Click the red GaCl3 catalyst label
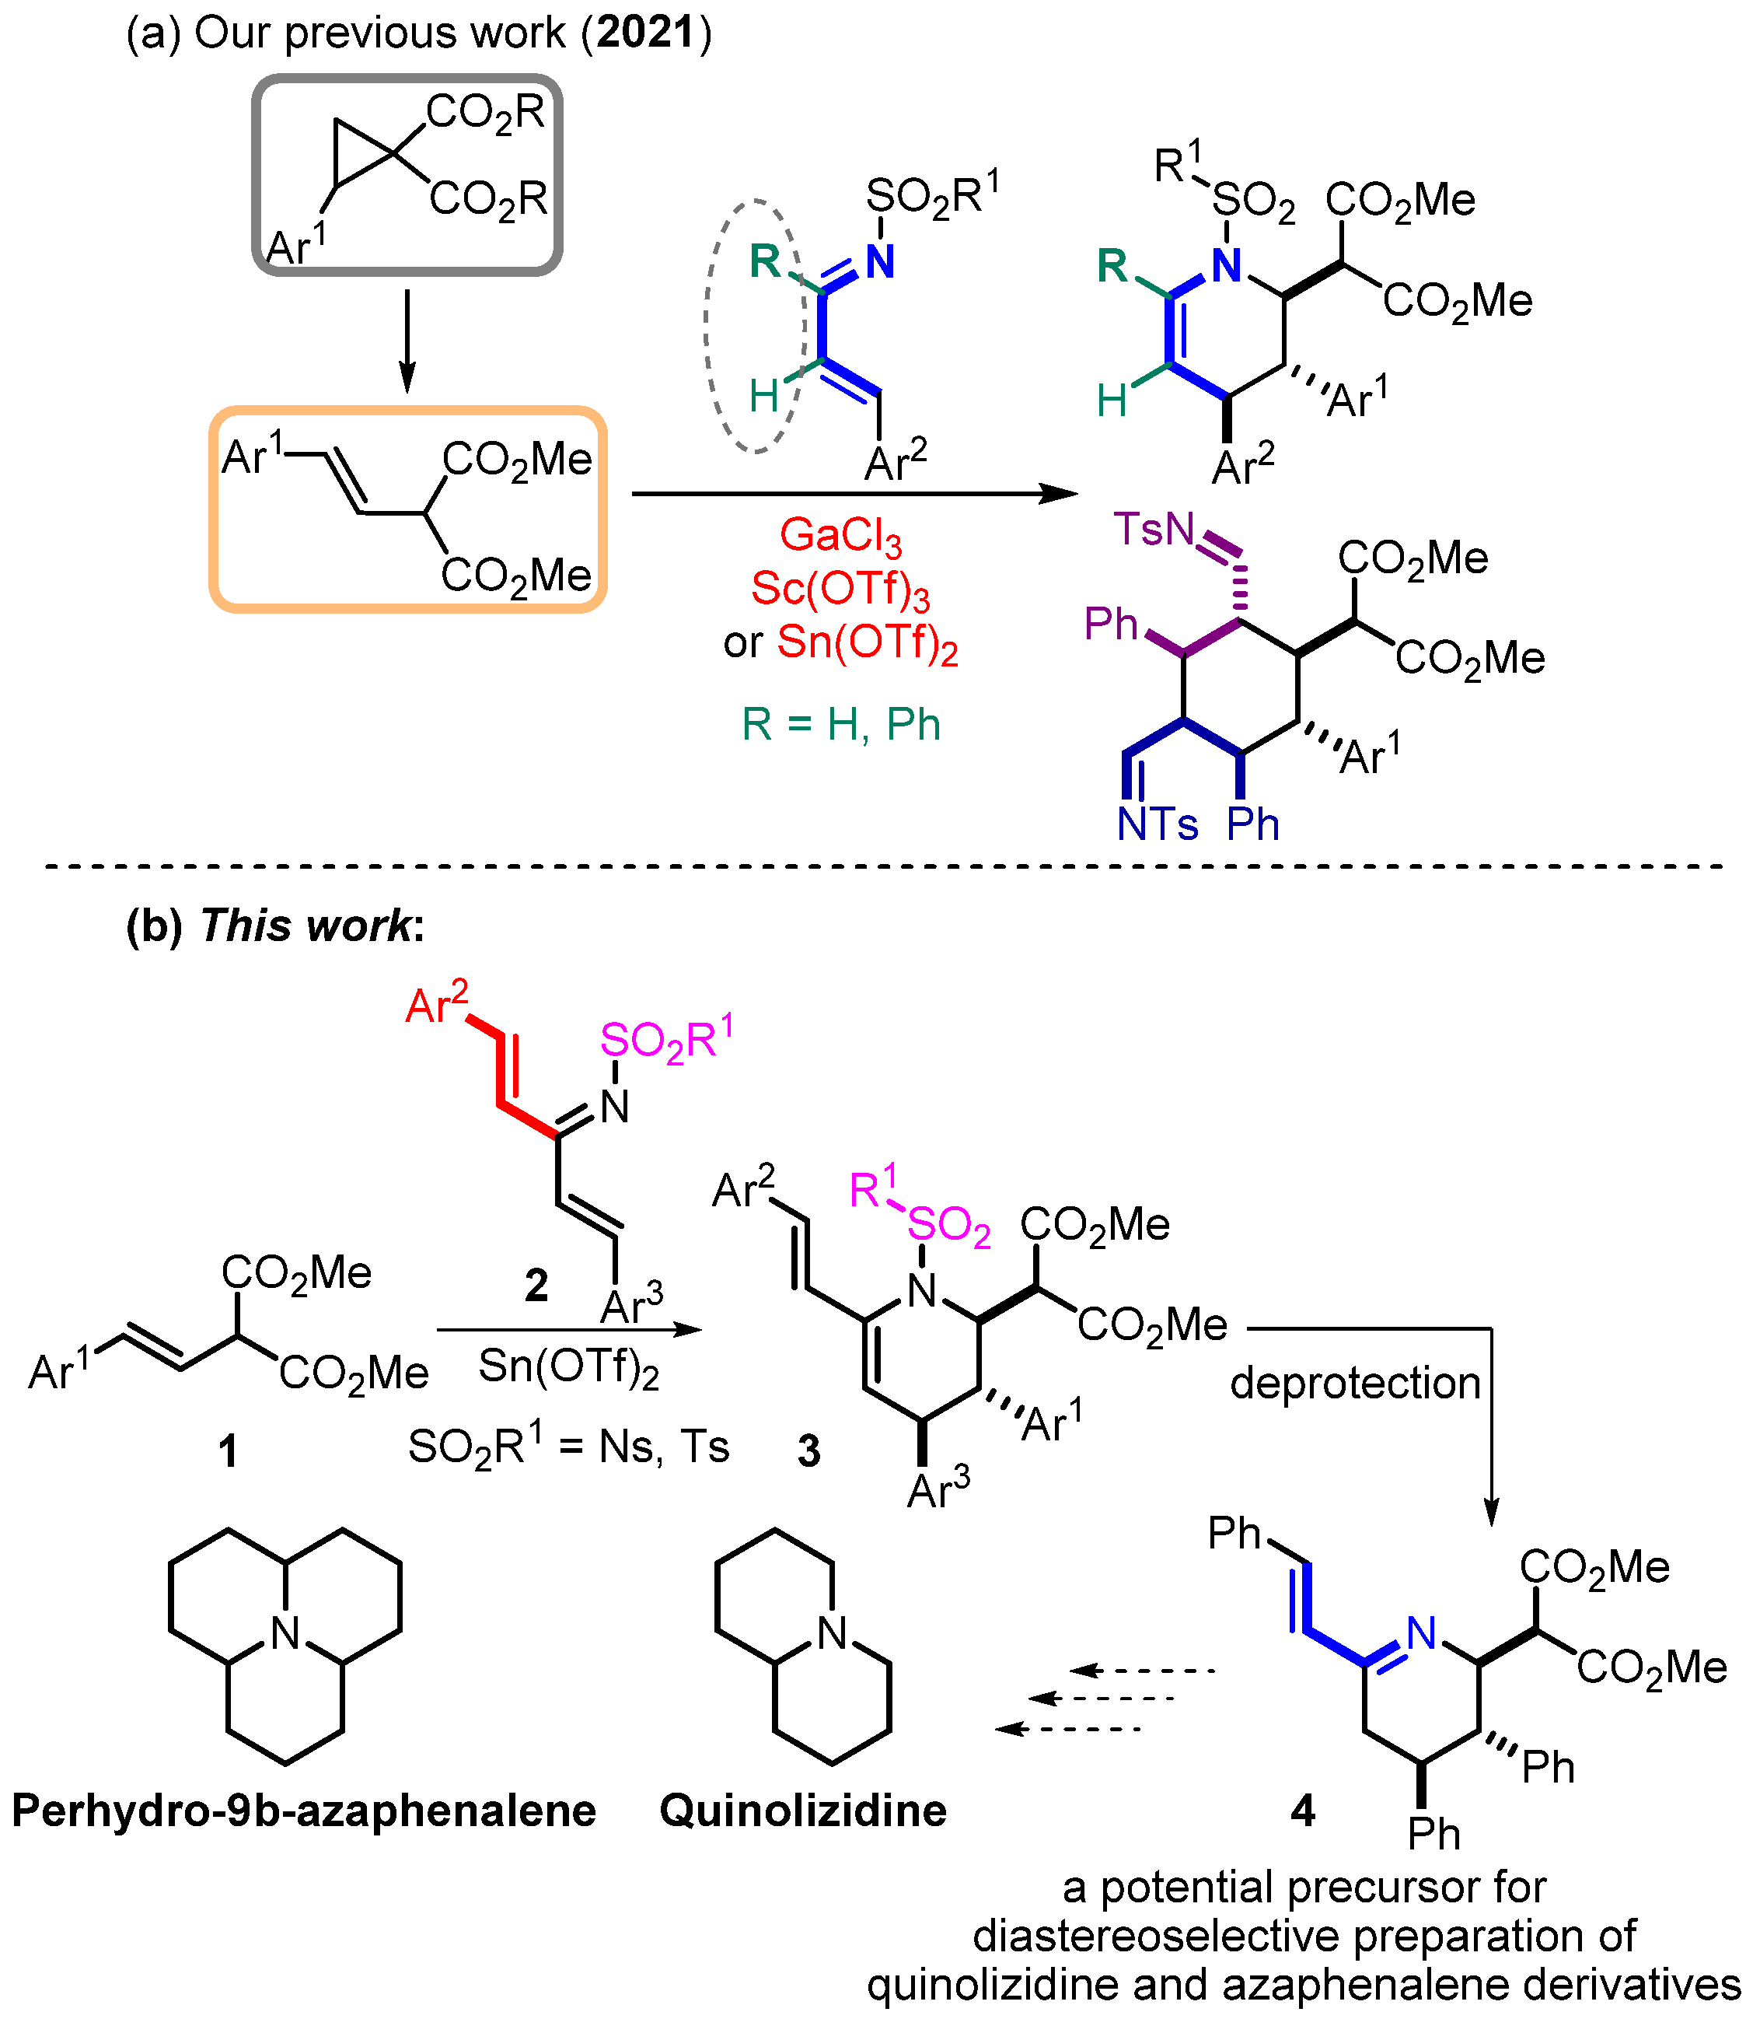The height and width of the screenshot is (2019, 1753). click(x=840, y=537)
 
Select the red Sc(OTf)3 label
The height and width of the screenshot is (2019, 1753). click(x=840, y=590)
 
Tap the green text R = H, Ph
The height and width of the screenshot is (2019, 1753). click(x=840, y=725)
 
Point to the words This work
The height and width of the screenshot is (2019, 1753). click(x=306, y=925)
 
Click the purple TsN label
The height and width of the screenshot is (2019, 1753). click(x=1154, y=530)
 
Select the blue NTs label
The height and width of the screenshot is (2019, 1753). click(x=1158, y=824)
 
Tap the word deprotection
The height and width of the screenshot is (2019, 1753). click(x=1355, y=1383)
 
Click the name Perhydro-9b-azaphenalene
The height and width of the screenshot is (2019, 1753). click(x=303, y=1811)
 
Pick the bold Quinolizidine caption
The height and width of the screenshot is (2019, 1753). click(x=803, y=1811)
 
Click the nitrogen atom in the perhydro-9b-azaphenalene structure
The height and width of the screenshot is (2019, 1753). click(x=285, y=1632)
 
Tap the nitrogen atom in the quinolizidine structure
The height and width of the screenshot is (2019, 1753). click(x=833, y=1632)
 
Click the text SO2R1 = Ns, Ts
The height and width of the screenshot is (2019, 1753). click(x=568, y=1447)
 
